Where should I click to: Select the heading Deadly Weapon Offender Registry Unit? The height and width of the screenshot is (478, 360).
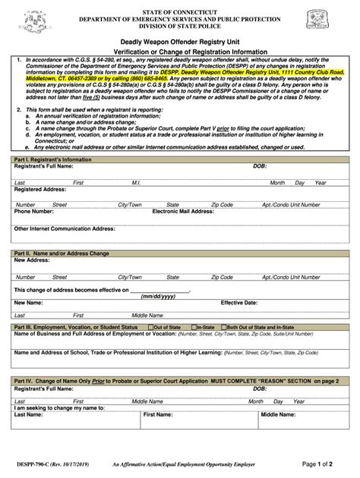pos(179,43)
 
